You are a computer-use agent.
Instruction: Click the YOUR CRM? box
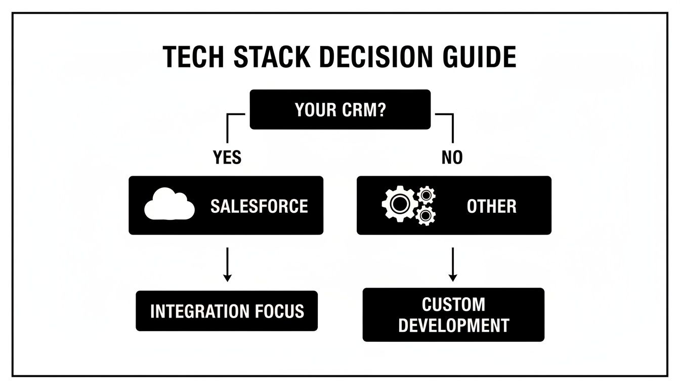[340, 109]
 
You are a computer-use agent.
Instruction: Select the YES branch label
[227, 158]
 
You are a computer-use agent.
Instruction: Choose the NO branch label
[452, 158]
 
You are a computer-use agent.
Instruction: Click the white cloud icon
[169, 205]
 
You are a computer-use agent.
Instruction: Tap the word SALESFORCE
[259, 206]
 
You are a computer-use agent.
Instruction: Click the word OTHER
[491, 206]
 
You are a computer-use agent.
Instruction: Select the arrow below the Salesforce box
[227, 264]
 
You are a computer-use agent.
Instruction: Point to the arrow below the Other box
[453, 264]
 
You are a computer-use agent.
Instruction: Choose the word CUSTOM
[453, 304]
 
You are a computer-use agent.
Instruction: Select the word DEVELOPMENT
[453, 325]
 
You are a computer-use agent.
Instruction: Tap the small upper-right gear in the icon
[427, 194]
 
